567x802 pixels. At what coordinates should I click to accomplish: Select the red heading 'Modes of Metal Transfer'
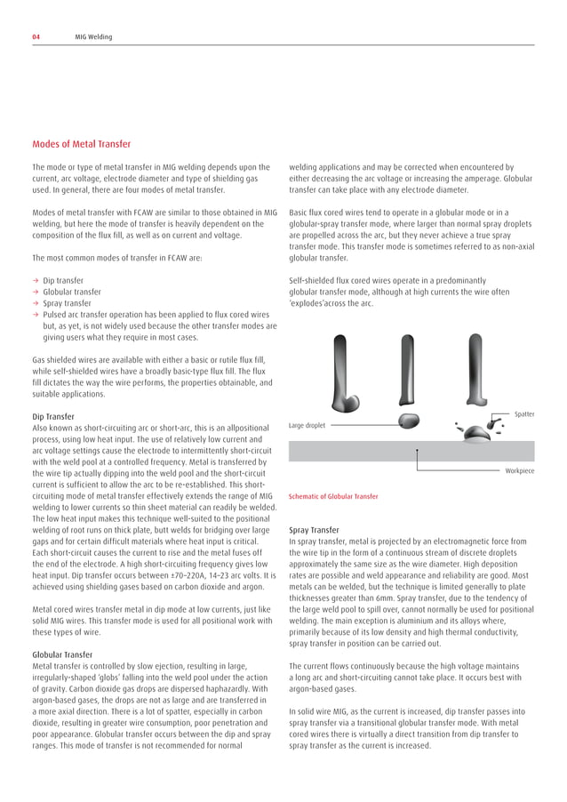click(82, 143)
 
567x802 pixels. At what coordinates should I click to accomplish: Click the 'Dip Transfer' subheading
click(55, 416)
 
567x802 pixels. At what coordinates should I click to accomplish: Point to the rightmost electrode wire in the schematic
click(475, 365)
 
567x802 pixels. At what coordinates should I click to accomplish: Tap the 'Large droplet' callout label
click(307, 426)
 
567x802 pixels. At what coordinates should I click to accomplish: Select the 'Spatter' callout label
click(523, 414)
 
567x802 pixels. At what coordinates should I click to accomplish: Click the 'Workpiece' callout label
click(520, 470)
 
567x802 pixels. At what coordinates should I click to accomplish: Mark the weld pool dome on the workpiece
click(477, 434)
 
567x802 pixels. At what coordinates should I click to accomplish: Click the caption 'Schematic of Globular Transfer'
click(333, 496)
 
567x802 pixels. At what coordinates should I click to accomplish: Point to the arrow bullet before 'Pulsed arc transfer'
click(36, 314)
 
